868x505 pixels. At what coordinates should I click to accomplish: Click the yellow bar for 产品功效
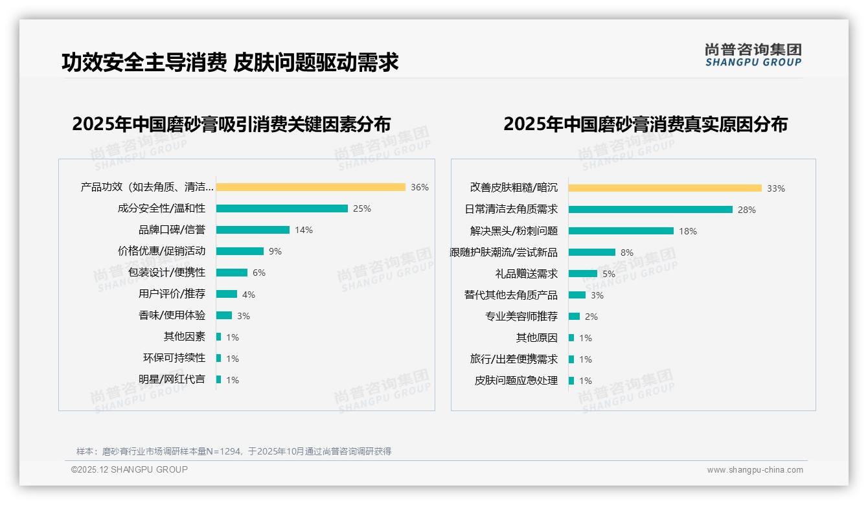(311, 187)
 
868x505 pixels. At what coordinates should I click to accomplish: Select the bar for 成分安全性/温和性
(282, 208)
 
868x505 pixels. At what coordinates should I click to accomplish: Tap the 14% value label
(304, 230)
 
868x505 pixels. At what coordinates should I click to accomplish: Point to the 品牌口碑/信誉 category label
(172, 230)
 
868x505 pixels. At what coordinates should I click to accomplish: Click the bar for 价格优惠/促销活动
(240, 251)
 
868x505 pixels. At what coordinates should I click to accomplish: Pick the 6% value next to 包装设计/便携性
(259, 273)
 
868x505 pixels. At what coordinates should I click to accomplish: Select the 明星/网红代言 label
(172, 379)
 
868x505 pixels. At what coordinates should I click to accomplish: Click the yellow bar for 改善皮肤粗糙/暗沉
(665, 188)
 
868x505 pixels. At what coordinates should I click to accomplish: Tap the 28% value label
(746, 210)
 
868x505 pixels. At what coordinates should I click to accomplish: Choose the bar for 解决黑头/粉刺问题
(621, 231)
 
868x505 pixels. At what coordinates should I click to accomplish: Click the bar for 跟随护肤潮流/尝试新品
(592, 252)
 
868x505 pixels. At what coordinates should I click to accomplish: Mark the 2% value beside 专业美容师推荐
(591, 317)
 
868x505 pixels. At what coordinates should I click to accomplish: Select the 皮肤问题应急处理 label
(516, 381)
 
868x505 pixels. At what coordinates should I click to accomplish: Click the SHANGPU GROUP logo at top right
(753, 55)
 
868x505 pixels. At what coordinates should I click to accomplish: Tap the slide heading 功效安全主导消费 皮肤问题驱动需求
(230, 62)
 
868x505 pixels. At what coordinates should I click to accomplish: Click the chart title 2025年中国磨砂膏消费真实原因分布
(645, 124)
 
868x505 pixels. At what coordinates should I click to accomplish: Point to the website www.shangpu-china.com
(755, 470)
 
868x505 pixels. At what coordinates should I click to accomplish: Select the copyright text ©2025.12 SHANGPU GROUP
(130, 469)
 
